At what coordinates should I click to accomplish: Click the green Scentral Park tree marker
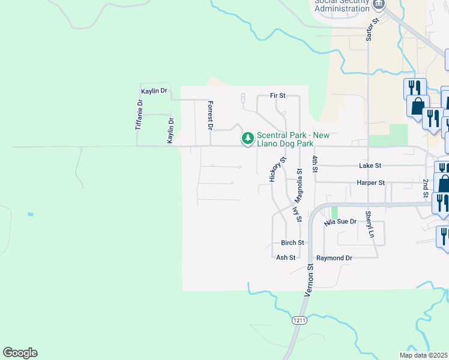(247, 139)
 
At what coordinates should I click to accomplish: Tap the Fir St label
(277, 95)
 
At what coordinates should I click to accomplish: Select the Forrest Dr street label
(210, 115)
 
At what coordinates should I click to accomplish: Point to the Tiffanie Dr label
(140, 115)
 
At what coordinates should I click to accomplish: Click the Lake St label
(370, 165)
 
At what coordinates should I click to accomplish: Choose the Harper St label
(370, 182)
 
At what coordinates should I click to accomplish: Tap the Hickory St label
(276, 170)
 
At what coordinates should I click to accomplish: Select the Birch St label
(293, 243)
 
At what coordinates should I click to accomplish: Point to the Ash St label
(286, 257)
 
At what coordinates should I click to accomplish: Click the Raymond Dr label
(334, 257)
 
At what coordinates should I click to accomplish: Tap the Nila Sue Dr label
(340, 222)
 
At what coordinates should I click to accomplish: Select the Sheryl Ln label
(369, 224)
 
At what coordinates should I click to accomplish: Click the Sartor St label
(370, 28)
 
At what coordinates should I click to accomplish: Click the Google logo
(20, 353)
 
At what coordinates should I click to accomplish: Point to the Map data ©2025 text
(424, 355)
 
